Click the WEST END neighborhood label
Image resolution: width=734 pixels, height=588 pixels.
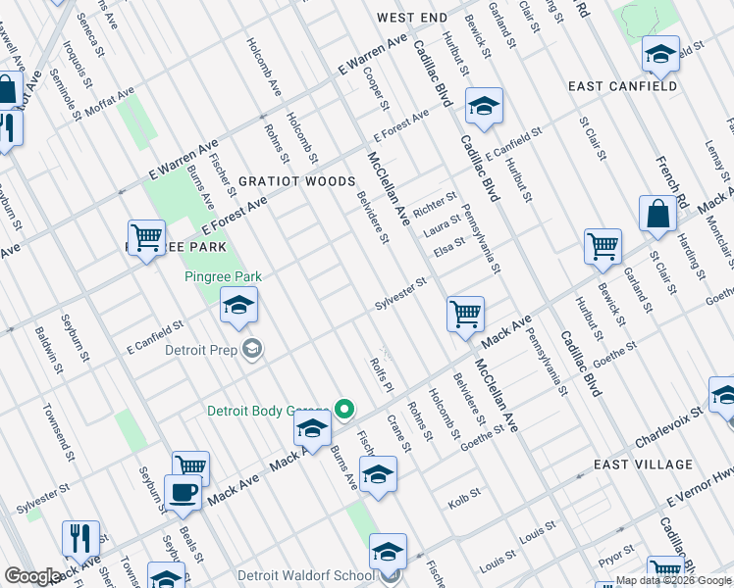click(x=411, y=18)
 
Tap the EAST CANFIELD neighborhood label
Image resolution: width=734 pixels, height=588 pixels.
click(x=622, y=86)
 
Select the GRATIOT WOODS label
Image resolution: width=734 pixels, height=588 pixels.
click(x=296, y=181)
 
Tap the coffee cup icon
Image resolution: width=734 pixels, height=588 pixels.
click(x=183, y=492)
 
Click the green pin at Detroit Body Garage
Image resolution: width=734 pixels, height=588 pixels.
click(x=344, y=410)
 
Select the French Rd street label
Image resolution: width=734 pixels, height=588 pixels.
click(x=675, y=172)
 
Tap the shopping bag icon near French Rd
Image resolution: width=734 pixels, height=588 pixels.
click(x=656, y=214)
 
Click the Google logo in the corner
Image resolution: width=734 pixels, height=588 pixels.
click(x=32, y=576)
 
